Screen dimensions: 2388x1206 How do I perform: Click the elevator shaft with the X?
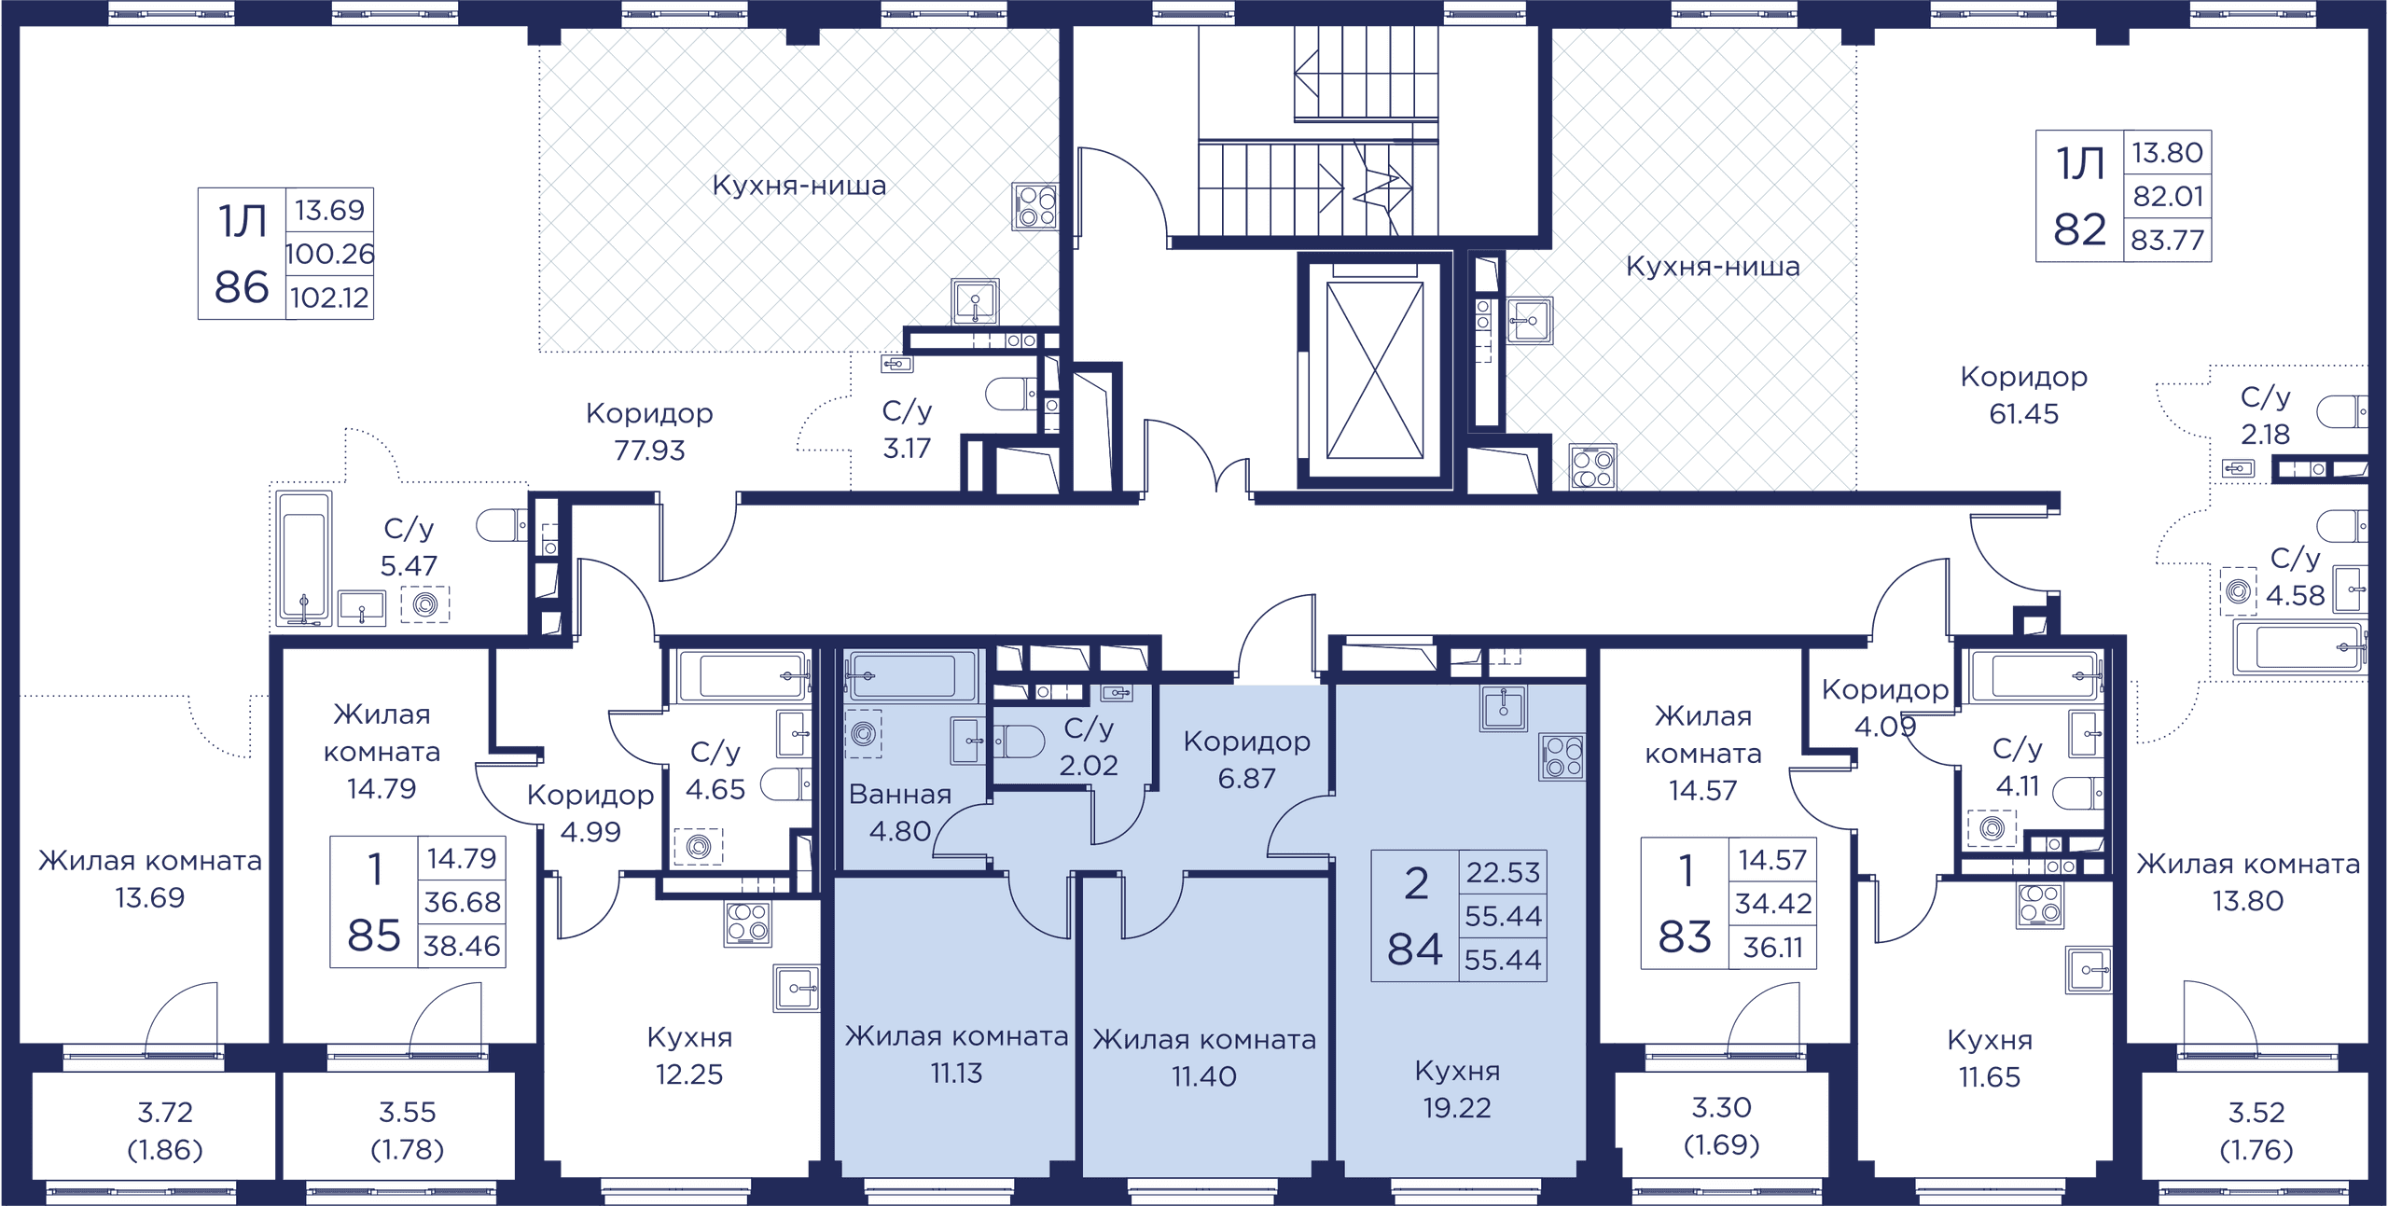tap(1375, 370)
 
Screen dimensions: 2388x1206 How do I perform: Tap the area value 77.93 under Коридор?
tap(649, 451)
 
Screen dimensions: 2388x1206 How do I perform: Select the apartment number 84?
tap(1415, 950)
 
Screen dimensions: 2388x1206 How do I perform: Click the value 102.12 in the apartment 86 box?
tap(329, 298)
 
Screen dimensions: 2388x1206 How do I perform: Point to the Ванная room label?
tap(900, 794)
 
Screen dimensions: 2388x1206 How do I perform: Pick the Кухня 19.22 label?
tap(1457, 1089)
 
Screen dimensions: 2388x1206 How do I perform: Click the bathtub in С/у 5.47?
tap(304, 558)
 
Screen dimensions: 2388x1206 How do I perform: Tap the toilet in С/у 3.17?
tap(1010, 395)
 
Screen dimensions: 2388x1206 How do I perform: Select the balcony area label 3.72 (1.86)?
tap(165, 1130)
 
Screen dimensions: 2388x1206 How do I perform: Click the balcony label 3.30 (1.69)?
tap(1722, 1126)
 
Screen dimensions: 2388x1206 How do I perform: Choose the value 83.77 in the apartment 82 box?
tap(2167, 241)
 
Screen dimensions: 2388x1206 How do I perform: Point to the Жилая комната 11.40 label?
tap(1204, 1058)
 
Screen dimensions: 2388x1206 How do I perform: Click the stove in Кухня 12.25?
tap(748, 923)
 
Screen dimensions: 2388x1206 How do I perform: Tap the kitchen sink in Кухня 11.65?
tap(2089, 970)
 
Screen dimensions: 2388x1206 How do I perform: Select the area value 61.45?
tap(2023, 414)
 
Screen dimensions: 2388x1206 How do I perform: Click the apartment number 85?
tap(374, 936)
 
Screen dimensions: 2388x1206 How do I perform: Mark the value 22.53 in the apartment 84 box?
tap(1503, 872)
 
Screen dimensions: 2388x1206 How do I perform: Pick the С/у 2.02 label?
tap(1089, 747)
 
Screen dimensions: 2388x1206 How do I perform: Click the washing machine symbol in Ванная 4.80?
tap(864, 734)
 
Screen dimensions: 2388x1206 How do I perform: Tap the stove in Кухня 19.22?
tap(1562, 756)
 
